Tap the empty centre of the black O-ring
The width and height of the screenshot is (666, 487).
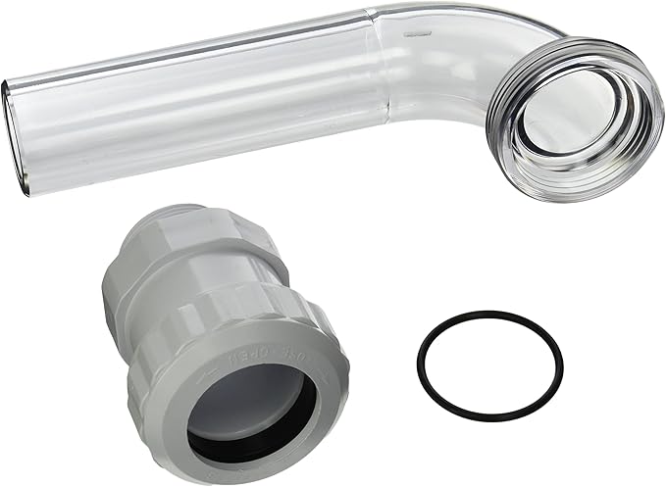coord(488,364)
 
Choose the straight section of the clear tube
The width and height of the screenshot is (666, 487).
coord(196,98)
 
